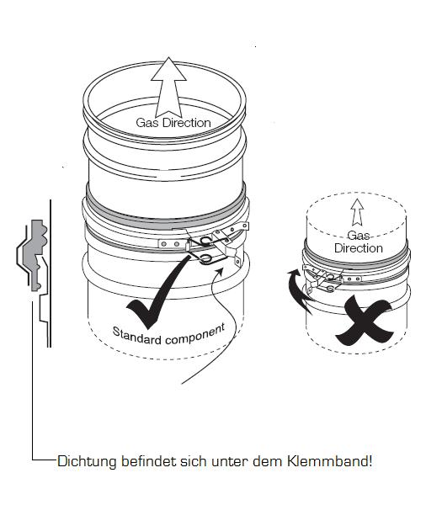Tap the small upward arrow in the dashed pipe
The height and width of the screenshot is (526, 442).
click(358, 212)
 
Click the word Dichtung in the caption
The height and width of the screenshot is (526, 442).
click(87, 461)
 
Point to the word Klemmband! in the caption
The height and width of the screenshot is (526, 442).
click(329, 461)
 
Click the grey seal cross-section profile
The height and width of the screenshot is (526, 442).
click(35, 255)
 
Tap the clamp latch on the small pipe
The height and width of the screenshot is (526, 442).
click(325, 278)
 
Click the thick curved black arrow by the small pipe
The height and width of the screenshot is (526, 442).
click(295, 289)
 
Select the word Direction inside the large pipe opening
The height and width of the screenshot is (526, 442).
click(187, 123)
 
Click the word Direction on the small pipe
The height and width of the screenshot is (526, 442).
click(359, 248)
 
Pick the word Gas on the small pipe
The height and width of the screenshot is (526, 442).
click(359, 236)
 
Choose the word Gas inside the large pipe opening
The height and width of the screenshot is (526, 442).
click(147, 123)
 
